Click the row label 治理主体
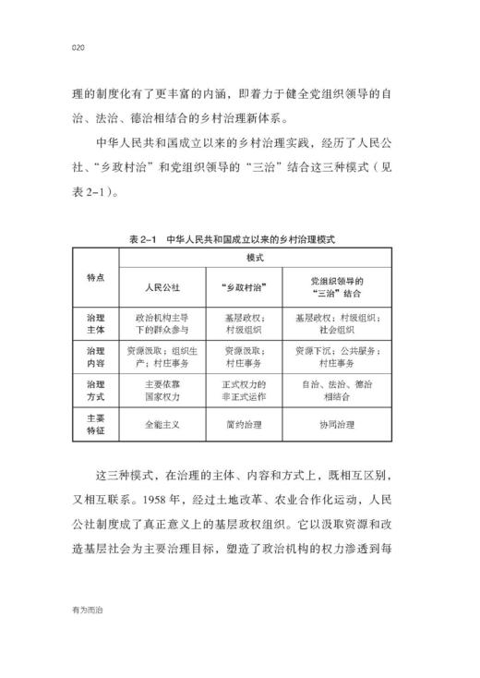(95, 321)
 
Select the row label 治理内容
(95, 357)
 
